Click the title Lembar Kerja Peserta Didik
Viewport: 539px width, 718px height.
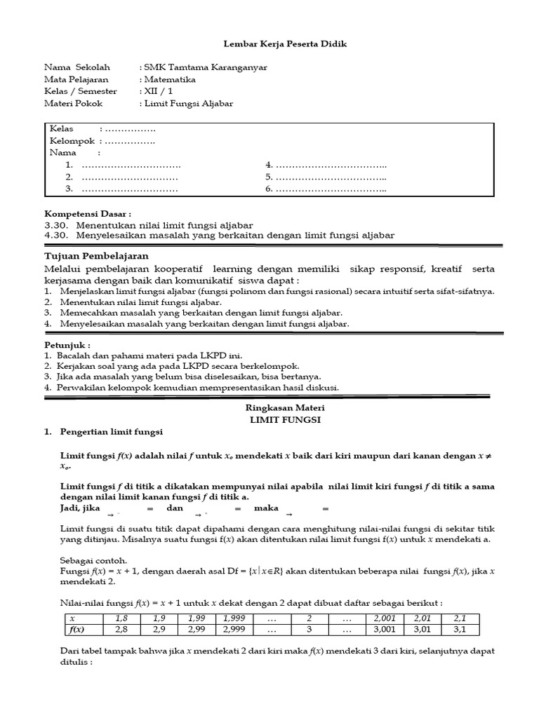tap(285, 44)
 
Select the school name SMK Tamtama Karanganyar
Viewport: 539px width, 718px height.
tap(205, 67)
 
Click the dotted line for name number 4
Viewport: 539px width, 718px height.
tap(331, 165)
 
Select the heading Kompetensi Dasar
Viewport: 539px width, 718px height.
tap(88, 213)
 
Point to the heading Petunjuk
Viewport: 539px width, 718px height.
tap(67, 345)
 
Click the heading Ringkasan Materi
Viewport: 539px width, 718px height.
tap(285, 407)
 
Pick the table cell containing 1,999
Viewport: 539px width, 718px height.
tap(234, 618)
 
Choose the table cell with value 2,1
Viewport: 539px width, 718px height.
tap(460, 618)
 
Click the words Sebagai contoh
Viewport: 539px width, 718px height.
tap(84, 560)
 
